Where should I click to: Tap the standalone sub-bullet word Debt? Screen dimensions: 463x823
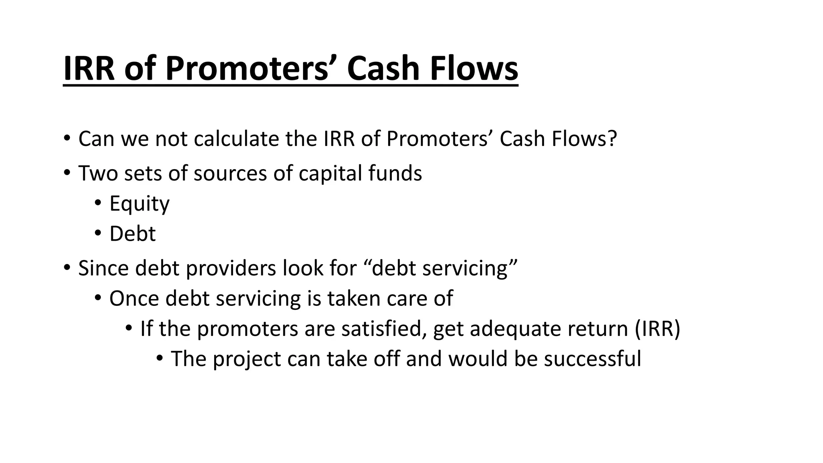[132, 234]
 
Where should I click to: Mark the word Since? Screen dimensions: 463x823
[103, 268]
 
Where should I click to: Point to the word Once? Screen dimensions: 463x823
[134, 299]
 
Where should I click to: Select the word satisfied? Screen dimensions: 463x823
[384, 328]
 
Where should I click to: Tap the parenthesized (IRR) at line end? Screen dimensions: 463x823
[657, 329]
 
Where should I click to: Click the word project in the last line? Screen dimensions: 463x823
[246, 359]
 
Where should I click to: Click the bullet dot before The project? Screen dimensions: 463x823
[160, 358]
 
